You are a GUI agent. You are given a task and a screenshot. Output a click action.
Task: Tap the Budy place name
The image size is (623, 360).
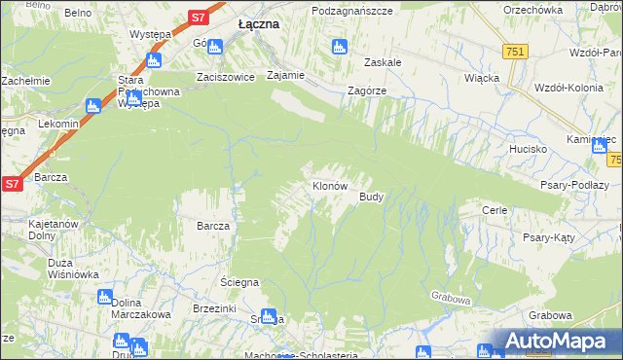pos(371,197)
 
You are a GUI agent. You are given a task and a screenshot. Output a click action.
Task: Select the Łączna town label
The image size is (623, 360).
pos(260,25)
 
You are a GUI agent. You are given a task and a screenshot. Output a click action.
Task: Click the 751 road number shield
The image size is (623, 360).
pos(516,52)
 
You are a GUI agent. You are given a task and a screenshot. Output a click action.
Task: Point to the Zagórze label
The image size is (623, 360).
pos(368,90)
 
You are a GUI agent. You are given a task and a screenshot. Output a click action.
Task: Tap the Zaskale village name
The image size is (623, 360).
pos(383,61)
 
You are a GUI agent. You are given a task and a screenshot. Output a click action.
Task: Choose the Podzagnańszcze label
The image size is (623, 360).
pos(351,10)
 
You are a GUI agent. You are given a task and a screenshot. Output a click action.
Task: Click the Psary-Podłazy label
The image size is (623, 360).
pos(575,185)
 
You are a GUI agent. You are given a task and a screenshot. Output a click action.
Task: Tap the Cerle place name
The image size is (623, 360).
pos(495,209)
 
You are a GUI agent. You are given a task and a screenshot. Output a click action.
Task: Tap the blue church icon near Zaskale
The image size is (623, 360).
pos(339,46)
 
